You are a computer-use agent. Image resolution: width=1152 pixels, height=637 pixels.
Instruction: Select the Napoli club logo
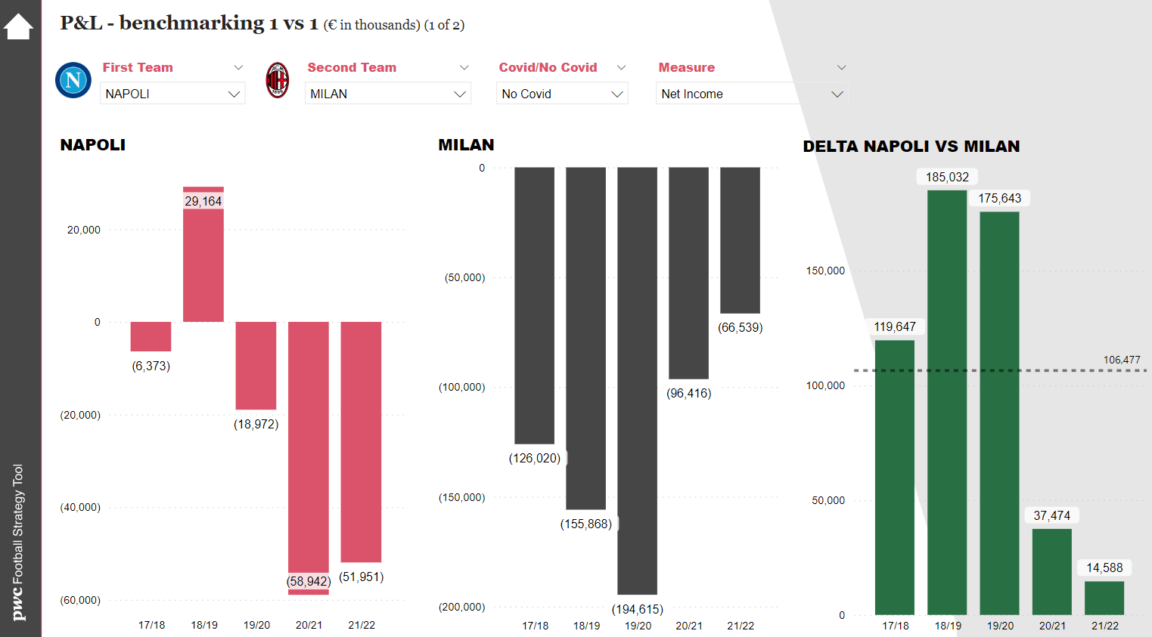coord(73,80)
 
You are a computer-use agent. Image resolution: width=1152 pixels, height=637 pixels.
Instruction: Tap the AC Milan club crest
coord(278,80)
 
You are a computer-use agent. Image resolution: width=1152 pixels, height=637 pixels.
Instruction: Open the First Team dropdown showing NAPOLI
coord(172,94)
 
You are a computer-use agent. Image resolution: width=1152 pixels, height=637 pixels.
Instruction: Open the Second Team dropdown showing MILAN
coord(387,94)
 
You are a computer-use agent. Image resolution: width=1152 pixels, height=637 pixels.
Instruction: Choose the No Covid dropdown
coord(562,94)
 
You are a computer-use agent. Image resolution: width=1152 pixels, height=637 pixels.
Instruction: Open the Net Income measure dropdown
coord(751,94)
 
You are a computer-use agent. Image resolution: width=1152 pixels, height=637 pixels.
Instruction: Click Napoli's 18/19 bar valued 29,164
coord(203,257)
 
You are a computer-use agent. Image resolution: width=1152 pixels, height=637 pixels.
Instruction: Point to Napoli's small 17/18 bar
coord(151,336)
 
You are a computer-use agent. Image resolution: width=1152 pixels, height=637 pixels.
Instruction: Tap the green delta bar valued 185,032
coord(947,400)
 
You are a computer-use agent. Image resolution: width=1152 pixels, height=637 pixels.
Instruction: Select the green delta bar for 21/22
coord(1104,598)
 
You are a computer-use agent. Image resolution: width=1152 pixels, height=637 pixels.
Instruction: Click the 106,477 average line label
coord(1122,360)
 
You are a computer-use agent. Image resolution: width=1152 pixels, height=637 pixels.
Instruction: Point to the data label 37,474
coord(1052,515)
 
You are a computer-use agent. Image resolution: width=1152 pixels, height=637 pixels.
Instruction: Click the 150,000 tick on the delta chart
coord(825,271)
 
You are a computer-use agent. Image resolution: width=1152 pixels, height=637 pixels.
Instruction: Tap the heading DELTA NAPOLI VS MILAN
coord(911,147)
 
